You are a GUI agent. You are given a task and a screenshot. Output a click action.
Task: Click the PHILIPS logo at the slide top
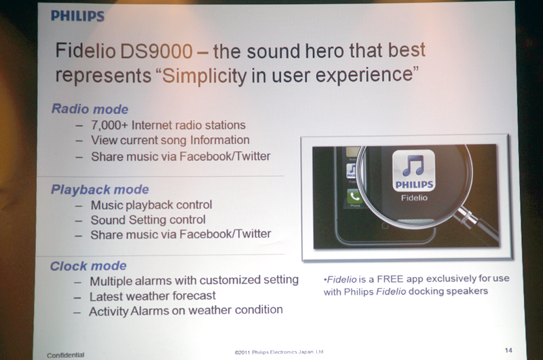(77, 16)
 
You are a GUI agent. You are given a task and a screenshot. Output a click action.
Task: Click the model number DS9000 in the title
(156, 51)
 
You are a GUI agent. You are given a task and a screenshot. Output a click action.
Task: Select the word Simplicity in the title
(204, 76)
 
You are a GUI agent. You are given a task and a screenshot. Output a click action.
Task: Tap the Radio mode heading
(90, 109)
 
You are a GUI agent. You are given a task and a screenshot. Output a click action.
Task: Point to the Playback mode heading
(100, 190)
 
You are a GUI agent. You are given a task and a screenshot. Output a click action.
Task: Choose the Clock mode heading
(88, 266)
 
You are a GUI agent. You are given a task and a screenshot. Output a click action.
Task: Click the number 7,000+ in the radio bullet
(109, 125)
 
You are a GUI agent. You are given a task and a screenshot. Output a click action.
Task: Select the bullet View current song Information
(170, 140)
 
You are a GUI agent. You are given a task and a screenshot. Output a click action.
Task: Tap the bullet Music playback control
(151, 205)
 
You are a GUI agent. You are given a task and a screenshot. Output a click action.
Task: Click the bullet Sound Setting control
(148, 219)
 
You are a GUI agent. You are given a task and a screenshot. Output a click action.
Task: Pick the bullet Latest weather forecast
(152, 296)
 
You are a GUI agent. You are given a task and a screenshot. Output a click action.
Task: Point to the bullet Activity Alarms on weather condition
(186, 310)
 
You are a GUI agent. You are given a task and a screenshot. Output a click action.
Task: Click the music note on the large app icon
(413, 165)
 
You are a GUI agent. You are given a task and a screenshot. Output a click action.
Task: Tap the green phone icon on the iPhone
(355, 196)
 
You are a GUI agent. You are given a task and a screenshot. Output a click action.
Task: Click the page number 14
(508, 350)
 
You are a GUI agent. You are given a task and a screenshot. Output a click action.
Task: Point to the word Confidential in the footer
(65, 355)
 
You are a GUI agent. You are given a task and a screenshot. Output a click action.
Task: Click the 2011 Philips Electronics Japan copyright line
(279, 352)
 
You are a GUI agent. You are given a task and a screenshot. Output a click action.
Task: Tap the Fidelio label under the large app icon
(414, 198)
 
